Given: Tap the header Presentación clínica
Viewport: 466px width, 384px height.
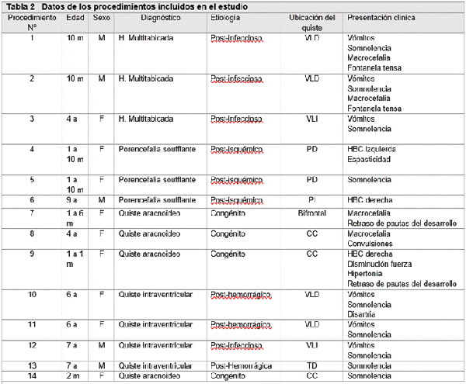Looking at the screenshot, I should click(x=381, y=17).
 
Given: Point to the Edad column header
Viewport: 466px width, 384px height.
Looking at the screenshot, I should click(x=76, y=17).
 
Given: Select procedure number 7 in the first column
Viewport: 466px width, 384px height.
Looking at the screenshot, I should click(x=32, y=213).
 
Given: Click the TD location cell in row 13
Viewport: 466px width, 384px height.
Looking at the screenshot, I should click(x=312, y=365).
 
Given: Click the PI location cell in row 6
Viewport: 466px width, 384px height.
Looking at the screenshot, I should click(x=312, y=201).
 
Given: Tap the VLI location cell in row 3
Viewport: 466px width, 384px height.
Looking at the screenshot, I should click(x=312, y=119).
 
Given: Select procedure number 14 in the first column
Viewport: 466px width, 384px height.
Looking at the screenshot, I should click(x=32, y=375).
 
